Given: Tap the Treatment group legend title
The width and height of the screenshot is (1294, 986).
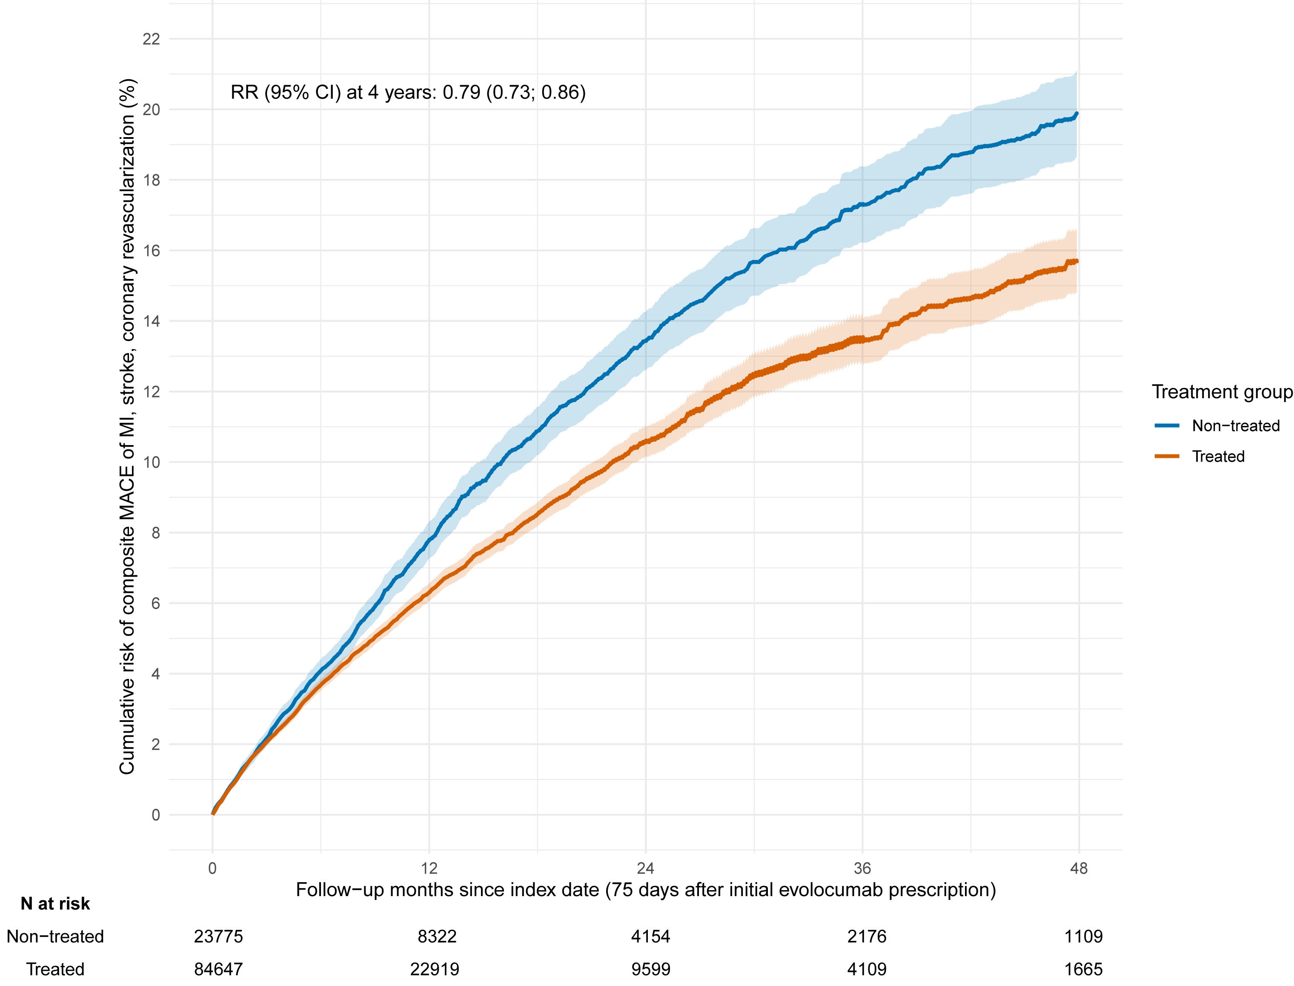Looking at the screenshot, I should coord(1222,391).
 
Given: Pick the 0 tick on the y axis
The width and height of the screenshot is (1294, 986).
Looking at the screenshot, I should coord(155,815).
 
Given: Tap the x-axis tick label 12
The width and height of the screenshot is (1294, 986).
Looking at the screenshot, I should coord(429,868).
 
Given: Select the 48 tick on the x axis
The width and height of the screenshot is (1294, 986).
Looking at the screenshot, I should coord(1079,868).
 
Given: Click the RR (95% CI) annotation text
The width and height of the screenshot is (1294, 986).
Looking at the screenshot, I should coord(408,92).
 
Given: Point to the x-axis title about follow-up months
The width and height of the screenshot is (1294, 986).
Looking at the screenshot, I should coord(645,890).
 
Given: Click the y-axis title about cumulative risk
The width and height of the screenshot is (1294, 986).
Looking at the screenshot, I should coord(127,427).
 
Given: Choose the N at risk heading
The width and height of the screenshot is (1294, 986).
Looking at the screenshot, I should coord(55,904).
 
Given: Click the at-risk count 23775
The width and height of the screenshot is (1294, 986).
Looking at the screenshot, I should coord(218,936).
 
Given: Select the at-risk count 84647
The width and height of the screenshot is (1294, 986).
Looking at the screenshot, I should coord(218,969).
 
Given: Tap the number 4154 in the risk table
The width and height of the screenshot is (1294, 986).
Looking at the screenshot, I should coord(650,936).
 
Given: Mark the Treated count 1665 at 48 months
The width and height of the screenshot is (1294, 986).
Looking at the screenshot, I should coord(1083,969).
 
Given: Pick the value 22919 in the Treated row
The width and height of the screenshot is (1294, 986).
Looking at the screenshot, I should coord(435,969).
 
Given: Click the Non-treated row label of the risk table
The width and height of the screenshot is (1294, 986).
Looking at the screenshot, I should coord(55,936).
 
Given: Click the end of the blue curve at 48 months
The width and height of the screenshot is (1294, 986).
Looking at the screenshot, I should coord(1076,113).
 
